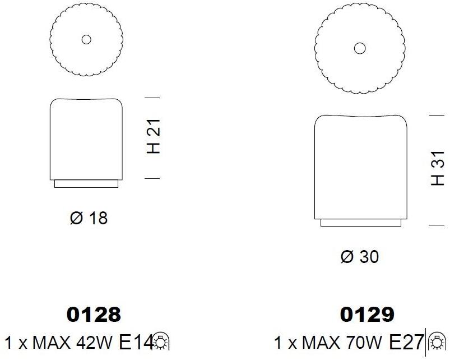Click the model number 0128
94,315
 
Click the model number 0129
367,315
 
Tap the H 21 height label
154,136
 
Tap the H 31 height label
438,168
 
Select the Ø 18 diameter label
89,218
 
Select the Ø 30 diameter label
360,256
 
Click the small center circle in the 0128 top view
86,40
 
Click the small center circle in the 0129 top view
360,49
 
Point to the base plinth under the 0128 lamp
86,184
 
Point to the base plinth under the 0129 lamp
361,223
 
